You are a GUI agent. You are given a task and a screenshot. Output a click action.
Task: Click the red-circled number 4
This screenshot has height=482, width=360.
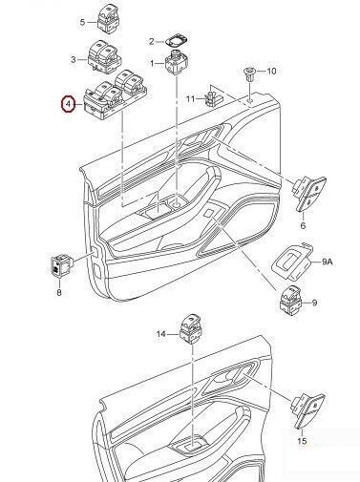[x=68, y=104]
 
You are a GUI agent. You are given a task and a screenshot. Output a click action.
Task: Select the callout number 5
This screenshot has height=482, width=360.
[x=82, y=22]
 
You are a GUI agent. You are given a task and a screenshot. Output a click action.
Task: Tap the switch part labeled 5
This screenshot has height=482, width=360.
[x=108, y=17]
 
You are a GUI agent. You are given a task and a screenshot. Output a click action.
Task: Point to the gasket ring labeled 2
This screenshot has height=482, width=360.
[x=176, y=40]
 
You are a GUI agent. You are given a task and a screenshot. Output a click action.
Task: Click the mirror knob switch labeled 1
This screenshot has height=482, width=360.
[x=177, y=62]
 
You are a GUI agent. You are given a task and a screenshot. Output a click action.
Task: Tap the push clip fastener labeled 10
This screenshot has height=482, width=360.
[x=250, y=74]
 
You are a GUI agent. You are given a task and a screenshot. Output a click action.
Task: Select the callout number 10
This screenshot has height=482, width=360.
[x=271, y=71]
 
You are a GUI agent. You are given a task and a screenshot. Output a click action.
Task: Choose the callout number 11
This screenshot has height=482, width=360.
[x=190, y=99]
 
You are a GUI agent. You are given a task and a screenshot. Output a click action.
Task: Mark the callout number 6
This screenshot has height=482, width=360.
[x=303, y=225]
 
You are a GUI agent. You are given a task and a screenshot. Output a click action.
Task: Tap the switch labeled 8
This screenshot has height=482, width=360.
[x=62, y=264]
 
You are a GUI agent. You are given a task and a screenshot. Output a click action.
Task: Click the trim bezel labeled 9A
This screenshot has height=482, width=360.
[x=292, y=261]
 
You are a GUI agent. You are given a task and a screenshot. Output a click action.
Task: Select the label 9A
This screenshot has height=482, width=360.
[x=327, y=262]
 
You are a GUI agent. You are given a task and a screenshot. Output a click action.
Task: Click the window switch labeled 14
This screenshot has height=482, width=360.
[x=191, y=328]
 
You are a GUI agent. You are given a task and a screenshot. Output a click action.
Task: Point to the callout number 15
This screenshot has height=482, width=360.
[x=302, y=441]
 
